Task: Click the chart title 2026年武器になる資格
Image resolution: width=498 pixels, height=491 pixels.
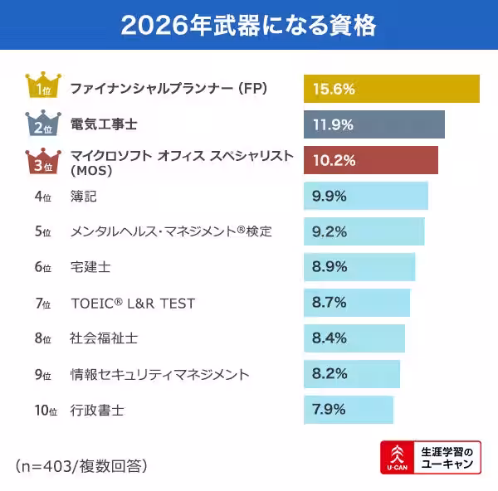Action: (248, 25)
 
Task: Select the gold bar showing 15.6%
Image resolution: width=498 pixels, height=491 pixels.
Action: (392, 89)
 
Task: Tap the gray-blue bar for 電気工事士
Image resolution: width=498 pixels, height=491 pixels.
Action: (374, 124)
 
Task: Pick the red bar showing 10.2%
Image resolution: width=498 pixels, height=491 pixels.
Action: (371, 160)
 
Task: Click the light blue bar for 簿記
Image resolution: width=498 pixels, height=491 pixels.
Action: (366, 197)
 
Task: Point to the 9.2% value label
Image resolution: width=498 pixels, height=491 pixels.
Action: (330, 232)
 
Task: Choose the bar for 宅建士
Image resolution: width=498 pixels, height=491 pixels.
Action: (359, 267)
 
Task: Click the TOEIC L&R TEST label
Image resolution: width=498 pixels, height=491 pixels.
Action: (133, 304)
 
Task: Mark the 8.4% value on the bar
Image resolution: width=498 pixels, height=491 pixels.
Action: (330, 338)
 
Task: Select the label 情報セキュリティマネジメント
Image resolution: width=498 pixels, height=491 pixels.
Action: (159, 375)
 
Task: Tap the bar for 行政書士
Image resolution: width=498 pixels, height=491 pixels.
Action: (349, 410)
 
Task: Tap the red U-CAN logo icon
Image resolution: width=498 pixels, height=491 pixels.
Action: (398, 458)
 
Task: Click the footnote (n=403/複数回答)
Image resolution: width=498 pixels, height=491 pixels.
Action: (81, 465)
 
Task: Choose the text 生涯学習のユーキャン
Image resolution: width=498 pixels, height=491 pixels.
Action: (448, 458)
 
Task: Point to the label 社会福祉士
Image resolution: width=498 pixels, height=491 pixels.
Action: (104, 338)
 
